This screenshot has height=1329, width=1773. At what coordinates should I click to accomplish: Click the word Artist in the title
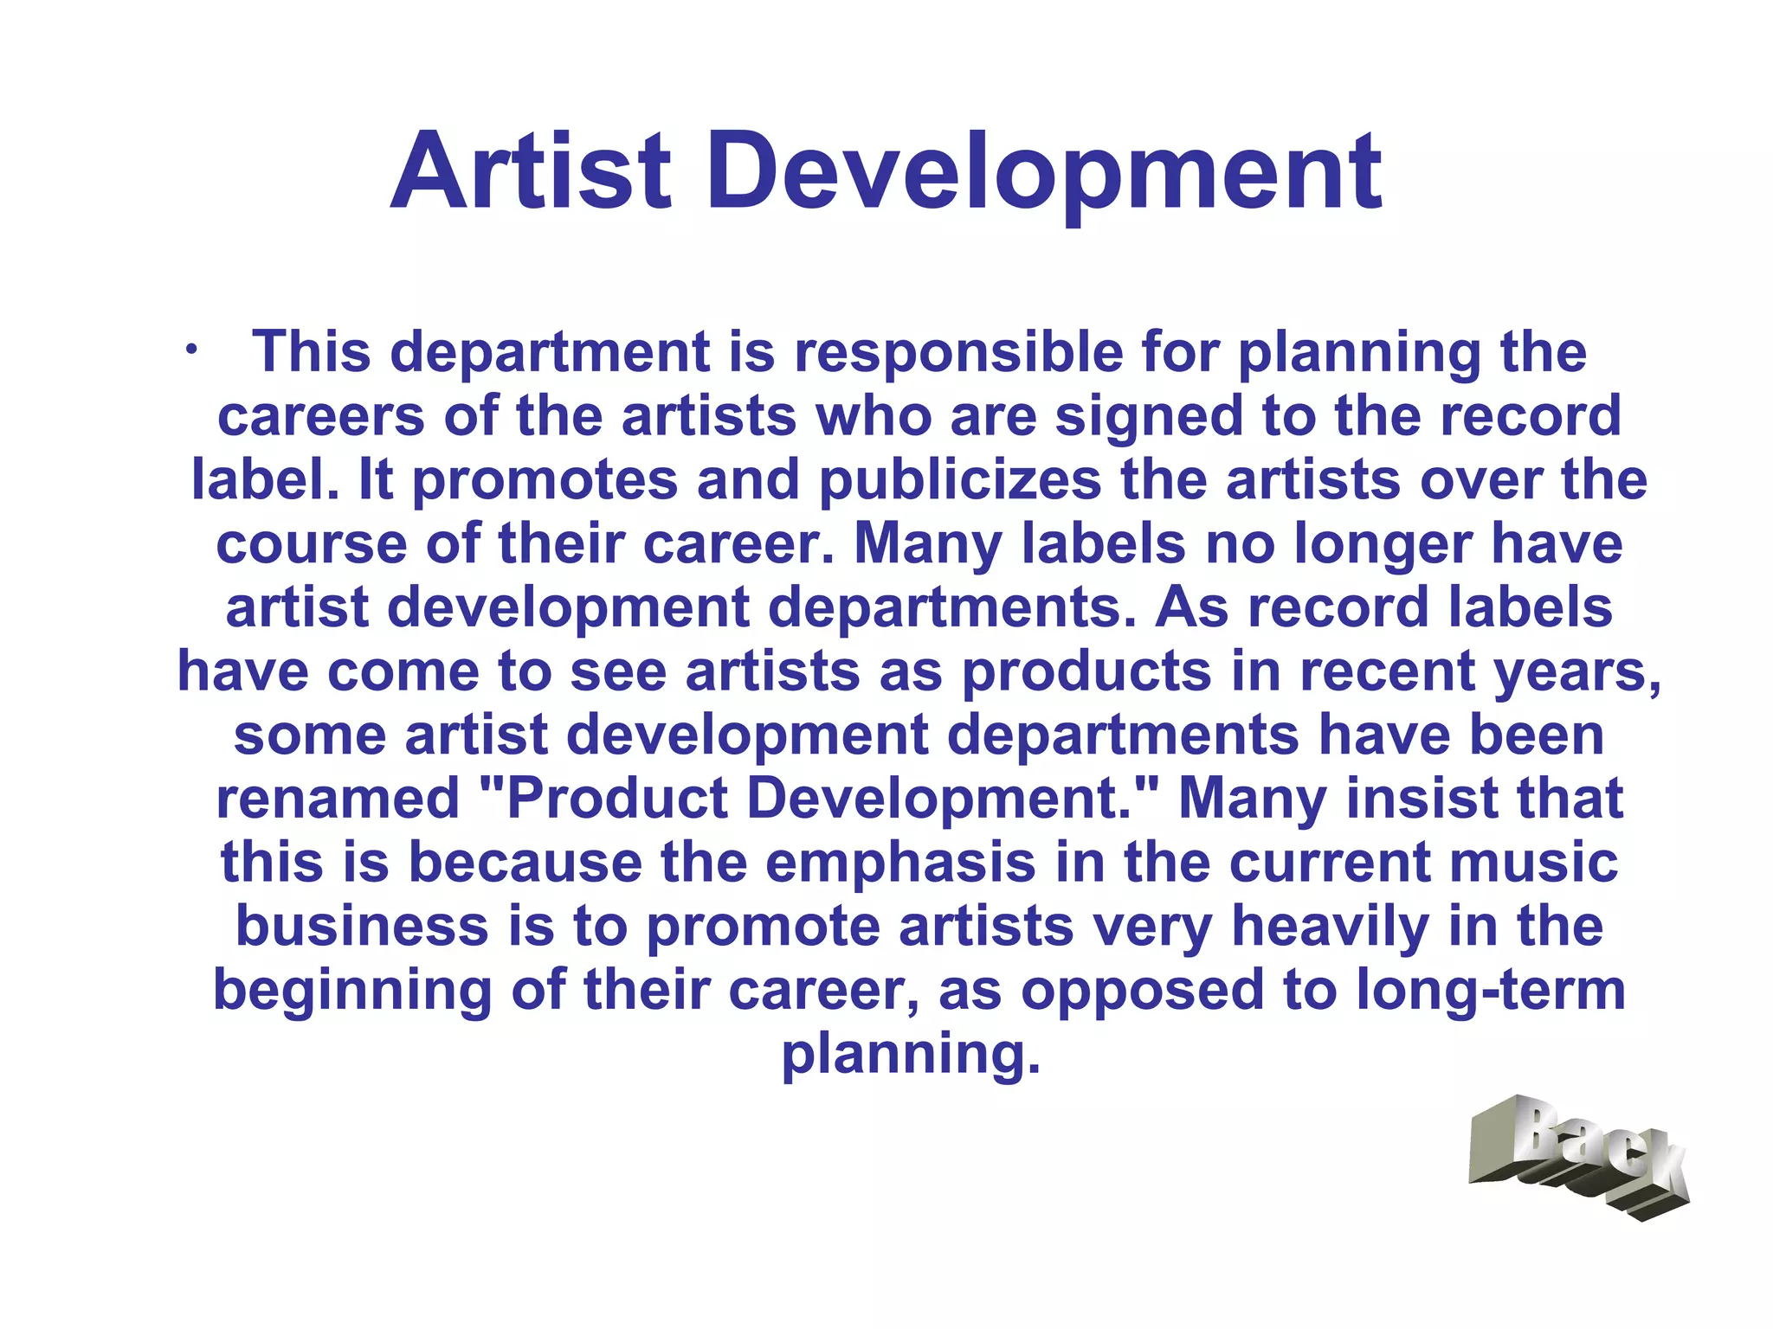pyautogui.click(x=531, y=170)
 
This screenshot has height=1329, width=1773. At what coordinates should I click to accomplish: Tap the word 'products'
pyautogui.click(x=1086, y=671)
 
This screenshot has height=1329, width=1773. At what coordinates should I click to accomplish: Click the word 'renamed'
pyautogui.click(x=338, y=799)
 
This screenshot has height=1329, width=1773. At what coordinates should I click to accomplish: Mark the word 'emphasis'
pyautogui.click(x=900, y=863)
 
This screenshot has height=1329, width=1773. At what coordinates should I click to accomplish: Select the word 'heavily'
pyautogui.click(x=1330, y=927)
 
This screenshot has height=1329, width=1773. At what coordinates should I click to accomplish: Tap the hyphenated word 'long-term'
pyautogui.click(x=1491, y=991)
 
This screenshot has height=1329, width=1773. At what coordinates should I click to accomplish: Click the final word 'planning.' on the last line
pyautogui.click(x=911, y=1055)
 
